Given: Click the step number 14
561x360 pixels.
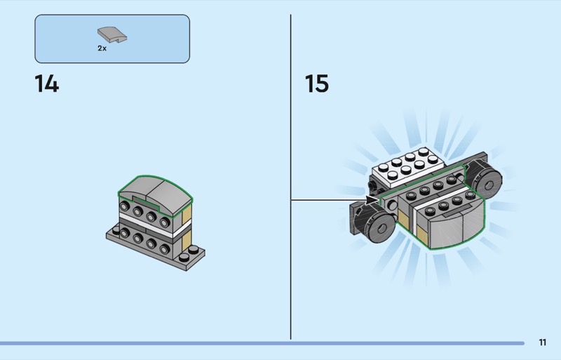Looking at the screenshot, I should [x=47, y=84].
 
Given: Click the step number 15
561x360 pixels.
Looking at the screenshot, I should [x=316, y=84].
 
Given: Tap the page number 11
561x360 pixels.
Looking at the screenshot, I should [x=543, y=342].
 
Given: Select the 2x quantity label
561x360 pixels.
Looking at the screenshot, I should [x=102, y=48].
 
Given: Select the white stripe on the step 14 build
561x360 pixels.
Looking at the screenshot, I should [x=147, y=224].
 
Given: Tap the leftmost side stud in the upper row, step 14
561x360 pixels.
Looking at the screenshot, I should [x=124, y=204].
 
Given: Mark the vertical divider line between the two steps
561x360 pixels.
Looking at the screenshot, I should [x=290, y=175].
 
